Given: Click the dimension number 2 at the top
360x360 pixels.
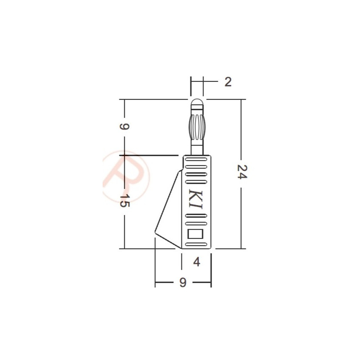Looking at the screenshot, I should click(x=228, y=82).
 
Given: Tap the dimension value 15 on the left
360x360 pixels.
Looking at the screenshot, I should click(x=125, y=201).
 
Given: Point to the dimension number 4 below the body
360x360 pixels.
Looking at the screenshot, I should click(x=196, y=261).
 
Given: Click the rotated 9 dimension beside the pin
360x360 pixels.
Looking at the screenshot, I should click(x=125, y=126).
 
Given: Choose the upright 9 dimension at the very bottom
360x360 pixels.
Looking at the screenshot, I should click(x=182, y=283).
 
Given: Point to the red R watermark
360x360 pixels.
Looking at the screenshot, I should click(x=124, y=175).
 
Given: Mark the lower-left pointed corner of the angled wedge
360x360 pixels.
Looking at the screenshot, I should click(x=155, y=233).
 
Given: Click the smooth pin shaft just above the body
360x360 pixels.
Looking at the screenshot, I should click(x=197, y=147).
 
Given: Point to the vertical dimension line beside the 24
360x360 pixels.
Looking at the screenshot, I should click(x=242, y=135).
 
